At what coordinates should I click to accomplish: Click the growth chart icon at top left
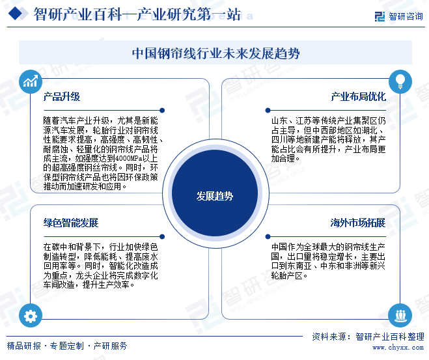click(x=31, y=81)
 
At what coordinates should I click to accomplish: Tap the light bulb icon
click(x=400, y=81)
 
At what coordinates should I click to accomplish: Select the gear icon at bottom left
click(x=31, y=316)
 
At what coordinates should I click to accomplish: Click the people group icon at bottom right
click(x=400, y=316)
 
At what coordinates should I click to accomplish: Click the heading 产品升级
click(x=62, y=96)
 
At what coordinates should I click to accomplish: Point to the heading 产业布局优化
click(x=359, y=96)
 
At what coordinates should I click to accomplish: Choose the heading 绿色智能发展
click(x=71, y=223)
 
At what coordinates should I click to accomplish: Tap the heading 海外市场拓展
click(x=358, y=223)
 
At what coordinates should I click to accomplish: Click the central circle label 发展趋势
click(x=215, y=196)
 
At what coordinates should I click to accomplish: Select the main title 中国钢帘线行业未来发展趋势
click(x=216, y=53)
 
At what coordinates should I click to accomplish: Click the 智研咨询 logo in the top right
click(x=399, y=16)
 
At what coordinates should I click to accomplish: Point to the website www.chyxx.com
click(x=398, y=348)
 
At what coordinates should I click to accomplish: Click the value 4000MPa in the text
click(x=129, y=158)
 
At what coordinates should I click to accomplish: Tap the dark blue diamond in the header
click(x=15, y=14)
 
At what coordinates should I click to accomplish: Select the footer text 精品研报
click(x=23, y=346)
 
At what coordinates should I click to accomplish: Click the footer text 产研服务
click(x=110, y=346)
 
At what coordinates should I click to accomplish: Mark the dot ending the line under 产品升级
click(x=162, y=110)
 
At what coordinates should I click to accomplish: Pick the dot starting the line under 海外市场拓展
click(x=268, y=236)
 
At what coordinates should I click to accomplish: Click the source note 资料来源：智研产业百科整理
click(x=368, y=337)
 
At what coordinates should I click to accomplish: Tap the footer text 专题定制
click(x=67, y=346)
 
